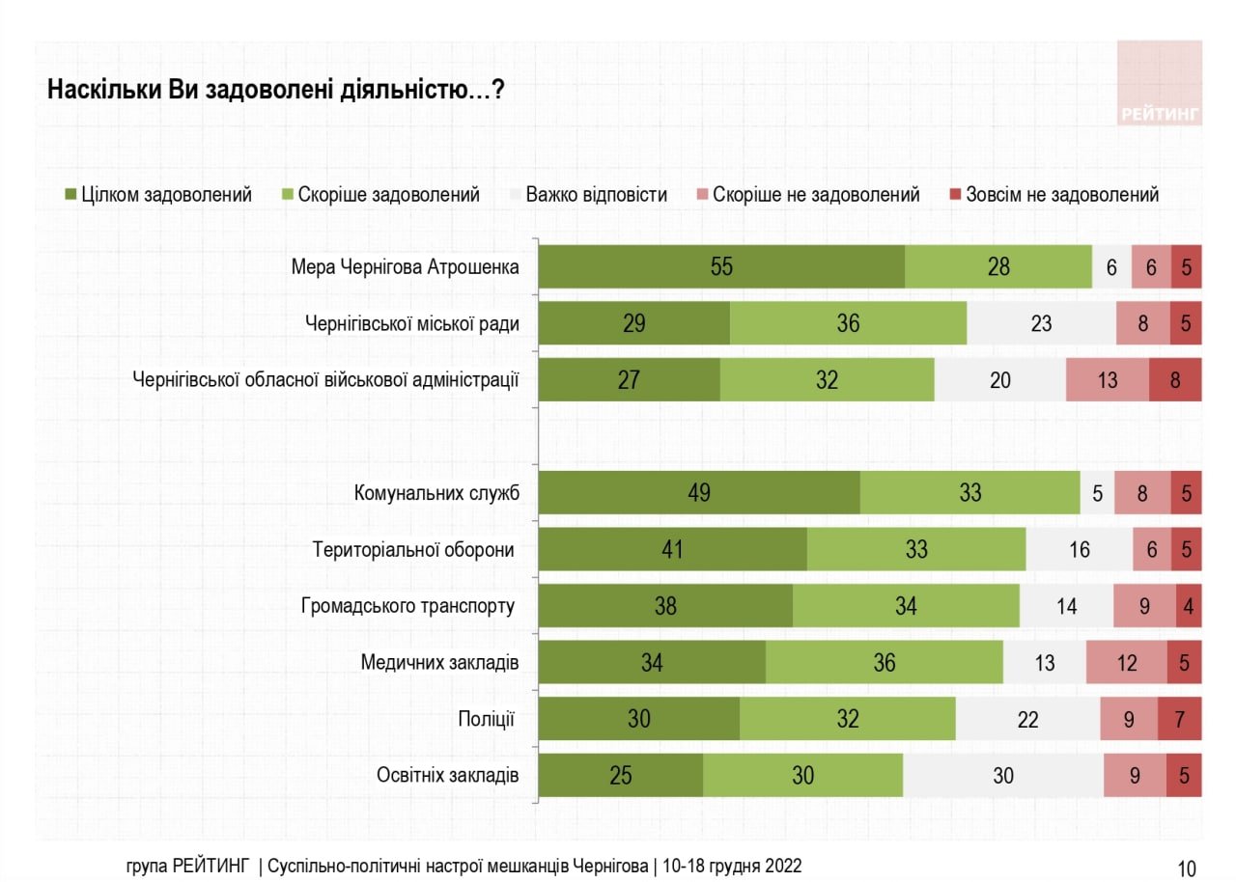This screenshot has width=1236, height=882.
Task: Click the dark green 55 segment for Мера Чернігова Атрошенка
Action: pyautogui.click(x=721, y=267)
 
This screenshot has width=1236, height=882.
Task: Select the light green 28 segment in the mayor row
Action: pyautogui.click(x=998, y=267)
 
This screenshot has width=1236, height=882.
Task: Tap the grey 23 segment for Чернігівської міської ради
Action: pyautogui.click(x=1041, y=323)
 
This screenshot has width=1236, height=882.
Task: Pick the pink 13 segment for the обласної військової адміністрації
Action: pyautogui.click(x=1108, y=379)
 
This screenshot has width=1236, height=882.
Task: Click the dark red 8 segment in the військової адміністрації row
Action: pyautogui.click(x=1175, y=379)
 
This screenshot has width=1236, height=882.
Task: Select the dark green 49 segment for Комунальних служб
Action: pyautogui.click(x=699, y=493)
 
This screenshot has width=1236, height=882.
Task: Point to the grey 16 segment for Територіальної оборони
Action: pyautogui.click(x=1080, y=549)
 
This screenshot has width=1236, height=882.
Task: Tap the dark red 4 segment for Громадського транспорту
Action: pyautogui.click(x=1189, y=606)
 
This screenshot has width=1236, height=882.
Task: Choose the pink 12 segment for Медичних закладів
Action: pyautogui.click(x=1126, y=662)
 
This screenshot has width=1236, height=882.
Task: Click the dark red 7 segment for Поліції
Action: pyautogui.click(x=1180, y=719)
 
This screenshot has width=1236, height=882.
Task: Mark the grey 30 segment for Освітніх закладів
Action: pyautogui.click(x=1003, y=775)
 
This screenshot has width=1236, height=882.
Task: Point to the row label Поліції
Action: pyautogui.click(x=486, y=719)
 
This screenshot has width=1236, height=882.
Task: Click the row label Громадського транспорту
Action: pyautogui.click(x=407, y=606)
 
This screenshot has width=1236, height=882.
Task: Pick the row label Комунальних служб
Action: pyautogui.click(x=437, y=493)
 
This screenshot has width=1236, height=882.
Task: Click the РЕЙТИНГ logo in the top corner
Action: pyautogui.click(x=1160, y=84)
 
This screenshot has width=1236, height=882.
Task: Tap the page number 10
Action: pyautogui.click(x=1187, y=867)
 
